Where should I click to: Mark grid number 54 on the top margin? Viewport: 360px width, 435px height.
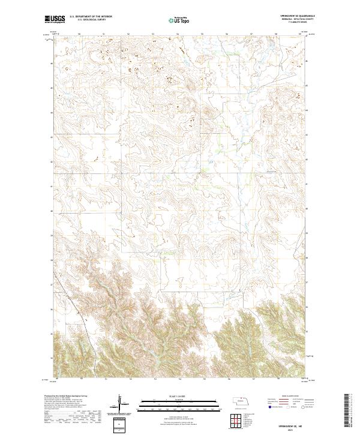pyautogui.click(x=178, y=34)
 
